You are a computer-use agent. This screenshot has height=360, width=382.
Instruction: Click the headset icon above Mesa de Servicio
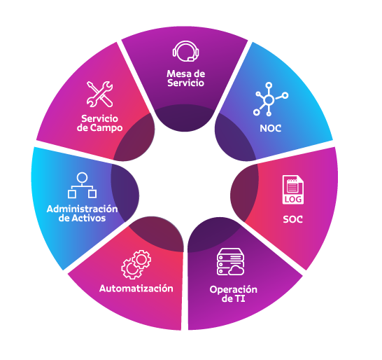click(185, 51)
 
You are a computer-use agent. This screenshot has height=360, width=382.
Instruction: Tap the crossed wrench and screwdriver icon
click(99, 94)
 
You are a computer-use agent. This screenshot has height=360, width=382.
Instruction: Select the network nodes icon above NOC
click(270, 99)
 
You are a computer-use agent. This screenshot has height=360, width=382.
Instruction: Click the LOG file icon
click(293, 190)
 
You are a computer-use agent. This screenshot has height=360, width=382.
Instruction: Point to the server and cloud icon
click(230, 262)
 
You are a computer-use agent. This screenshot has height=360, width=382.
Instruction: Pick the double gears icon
click(136, 264)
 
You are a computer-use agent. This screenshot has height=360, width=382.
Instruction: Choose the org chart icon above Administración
click(82, 185)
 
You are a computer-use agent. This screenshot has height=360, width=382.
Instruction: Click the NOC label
click(271, 128)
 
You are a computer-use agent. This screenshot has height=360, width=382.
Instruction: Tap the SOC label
click(293, 219)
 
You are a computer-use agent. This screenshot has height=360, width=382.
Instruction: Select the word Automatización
click(136, 289)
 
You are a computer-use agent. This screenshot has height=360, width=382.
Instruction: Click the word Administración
click(83, 209)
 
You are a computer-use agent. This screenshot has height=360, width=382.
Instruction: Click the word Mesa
click(176, 74)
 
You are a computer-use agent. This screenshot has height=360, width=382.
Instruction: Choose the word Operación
click(234, 289)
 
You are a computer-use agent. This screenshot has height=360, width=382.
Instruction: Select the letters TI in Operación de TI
click(240, 298)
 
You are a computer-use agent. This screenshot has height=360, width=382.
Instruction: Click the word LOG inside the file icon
click(293, 200)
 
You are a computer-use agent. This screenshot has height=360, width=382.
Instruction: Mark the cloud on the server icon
click(236, 270)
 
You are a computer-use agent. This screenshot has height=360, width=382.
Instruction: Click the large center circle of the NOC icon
click(269, 99)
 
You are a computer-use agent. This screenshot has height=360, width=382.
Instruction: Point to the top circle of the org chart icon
click(82, 177)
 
